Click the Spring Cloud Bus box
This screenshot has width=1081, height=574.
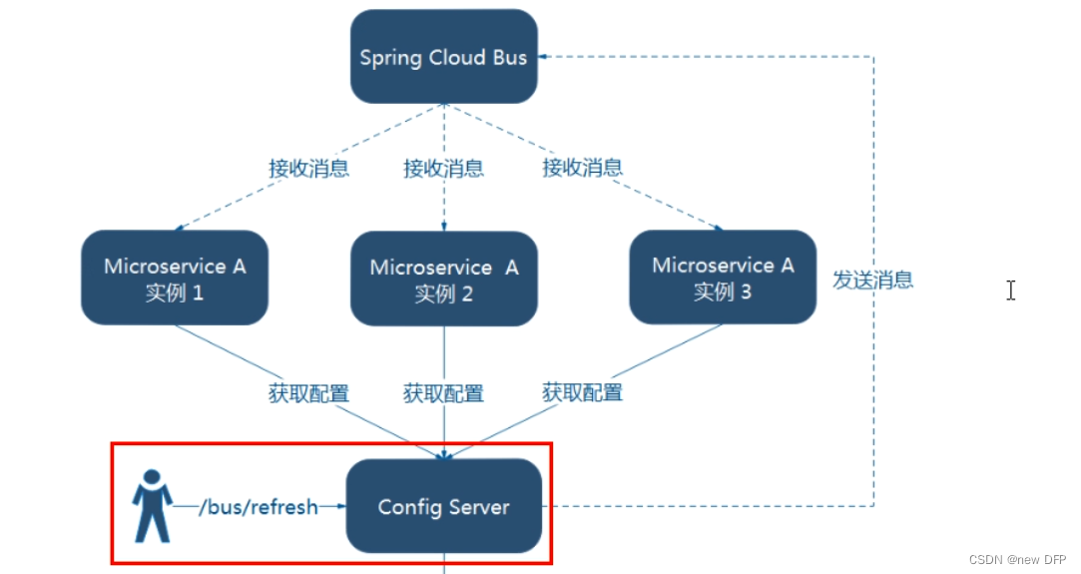point(443,57)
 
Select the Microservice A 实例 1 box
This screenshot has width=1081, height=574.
point(175,279)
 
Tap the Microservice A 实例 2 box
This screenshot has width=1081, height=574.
point(444,280)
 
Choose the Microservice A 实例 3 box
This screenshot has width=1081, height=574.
point(723,278)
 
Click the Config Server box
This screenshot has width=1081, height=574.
point(443,507)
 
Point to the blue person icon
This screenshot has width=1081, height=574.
point(153,506)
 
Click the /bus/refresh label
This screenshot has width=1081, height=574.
point(258,507)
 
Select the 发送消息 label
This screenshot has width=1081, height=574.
point(873,280)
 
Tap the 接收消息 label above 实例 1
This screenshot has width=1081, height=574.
point(308,168)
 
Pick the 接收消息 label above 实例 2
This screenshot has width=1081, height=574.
point(443,169)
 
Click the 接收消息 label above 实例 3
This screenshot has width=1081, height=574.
point(582,167)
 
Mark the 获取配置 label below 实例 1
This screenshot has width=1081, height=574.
point(308,393)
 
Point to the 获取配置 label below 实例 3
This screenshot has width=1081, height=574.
point(582,392)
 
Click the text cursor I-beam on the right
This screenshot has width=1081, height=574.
point(1011,290)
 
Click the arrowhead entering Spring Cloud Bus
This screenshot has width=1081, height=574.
point(545,57)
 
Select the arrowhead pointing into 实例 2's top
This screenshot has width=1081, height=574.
point(444,228)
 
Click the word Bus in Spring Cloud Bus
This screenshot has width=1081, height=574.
point(509,57)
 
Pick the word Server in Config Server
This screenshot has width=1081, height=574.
point(478,507)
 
